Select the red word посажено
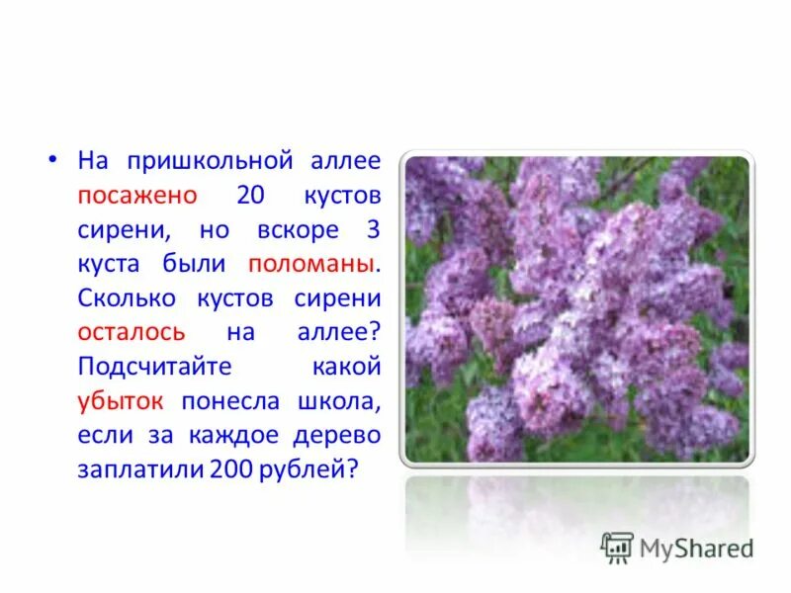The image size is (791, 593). point(137,195)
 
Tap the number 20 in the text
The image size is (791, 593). point(251,195)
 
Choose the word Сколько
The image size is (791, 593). point(125,298)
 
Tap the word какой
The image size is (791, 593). point(346,368)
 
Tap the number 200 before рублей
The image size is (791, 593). point(229,470)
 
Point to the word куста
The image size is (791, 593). point(110,264)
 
